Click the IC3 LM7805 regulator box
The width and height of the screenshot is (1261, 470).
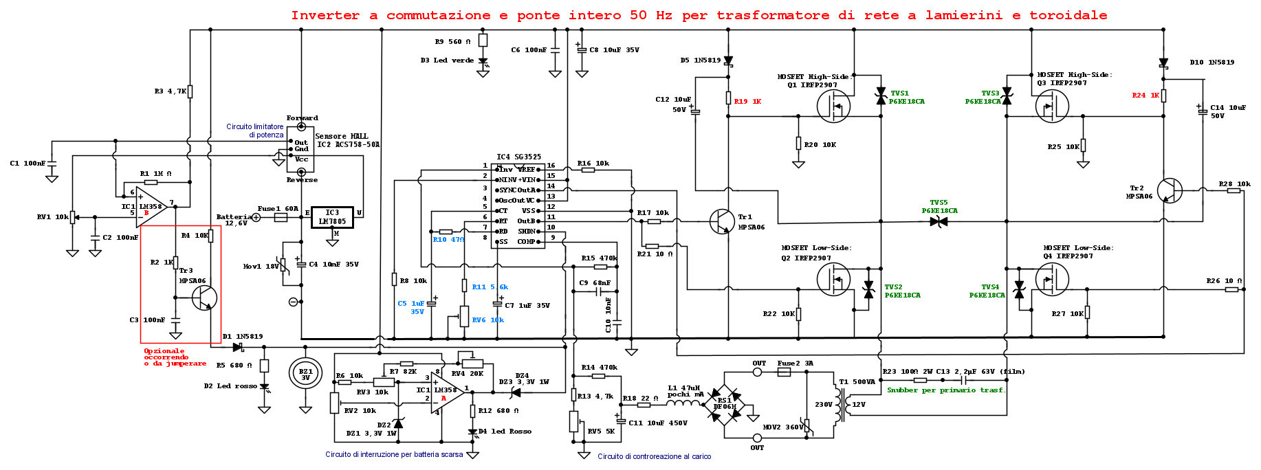[x=332, y=217]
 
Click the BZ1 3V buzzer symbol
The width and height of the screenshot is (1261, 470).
[x=306, y=374]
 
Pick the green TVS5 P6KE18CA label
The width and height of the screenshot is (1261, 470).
[x=939, y=207]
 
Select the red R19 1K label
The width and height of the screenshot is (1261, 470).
[x=747, y=102]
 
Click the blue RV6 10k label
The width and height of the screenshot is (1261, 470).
[x=488, y=320]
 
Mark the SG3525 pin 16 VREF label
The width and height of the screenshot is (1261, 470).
[x=527, y=169]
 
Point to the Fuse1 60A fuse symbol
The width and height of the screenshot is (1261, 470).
[x=281, y=217]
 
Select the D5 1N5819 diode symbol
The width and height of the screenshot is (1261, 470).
[x=728, y=62]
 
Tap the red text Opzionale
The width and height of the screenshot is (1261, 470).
[x=164, y=351]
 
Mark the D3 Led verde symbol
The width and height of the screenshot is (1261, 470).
[x=483, y=63]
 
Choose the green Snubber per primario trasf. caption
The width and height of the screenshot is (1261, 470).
[x=946, y=390]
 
